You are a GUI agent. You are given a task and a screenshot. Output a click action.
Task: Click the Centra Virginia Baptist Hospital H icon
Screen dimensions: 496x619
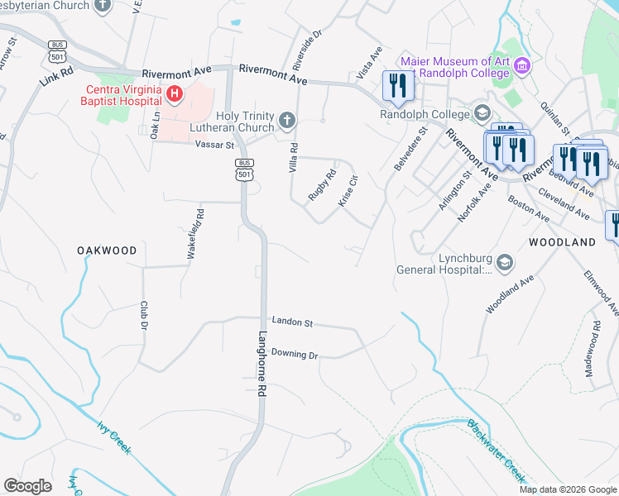[174, 94]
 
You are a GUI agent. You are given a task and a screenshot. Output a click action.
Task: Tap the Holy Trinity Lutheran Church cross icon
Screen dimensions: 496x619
[286, 122]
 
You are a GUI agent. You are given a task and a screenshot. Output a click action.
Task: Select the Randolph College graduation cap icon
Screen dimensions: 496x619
[480, 113]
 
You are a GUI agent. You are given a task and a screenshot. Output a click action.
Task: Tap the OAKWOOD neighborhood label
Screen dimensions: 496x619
[107, 250]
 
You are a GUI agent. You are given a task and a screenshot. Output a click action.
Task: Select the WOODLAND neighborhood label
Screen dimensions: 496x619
[561, 242]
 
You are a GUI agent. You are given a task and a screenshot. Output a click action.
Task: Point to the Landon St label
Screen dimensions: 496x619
[291, 322]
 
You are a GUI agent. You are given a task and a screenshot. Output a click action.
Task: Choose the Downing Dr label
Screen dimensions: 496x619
[295, 354]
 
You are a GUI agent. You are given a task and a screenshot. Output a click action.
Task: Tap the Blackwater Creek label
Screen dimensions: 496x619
[496, 451]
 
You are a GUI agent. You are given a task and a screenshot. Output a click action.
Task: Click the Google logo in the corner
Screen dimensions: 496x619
[28, 485]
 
